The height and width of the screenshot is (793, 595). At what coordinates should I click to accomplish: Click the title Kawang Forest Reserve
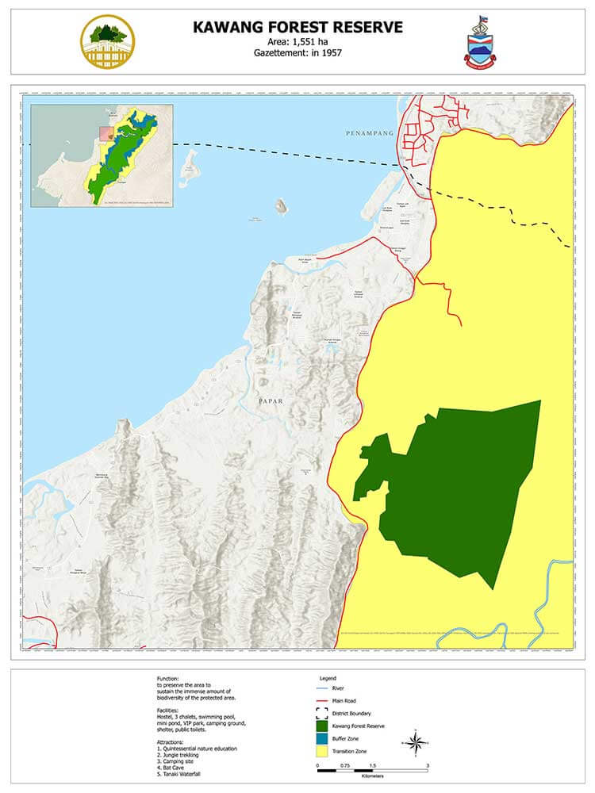297,28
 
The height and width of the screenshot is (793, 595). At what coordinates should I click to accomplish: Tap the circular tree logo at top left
107,41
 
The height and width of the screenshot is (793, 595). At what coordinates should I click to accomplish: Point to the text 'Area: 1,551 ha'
297,42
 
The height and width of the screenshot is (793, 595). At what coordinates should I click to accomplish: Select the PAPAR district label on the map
271,401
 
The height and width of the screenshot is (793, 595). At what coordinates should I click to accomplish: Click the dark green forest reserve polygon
452,492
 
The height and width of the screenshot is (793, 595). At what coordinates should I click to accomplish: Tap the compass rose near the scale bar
415,743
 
